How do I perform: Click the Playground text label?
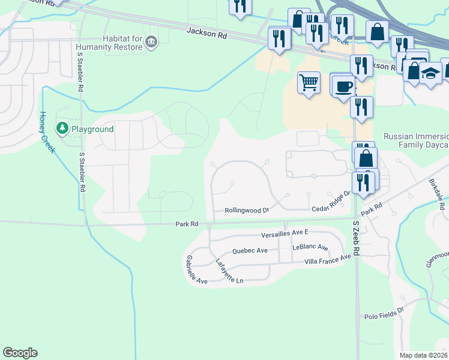click(x=92, y=129)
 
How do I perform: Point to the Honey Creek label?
click(x=47, y=132)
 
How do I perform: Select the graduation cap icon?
click(x=430, y=73)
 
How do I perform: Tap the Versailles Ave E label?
click(x=284, y=233)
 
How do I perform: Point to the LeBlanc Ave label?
click(x=310, y=247)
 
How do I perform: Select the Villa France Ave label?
click(x=327, y=259)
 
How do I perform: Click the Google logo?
click(x=20, y=353)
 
